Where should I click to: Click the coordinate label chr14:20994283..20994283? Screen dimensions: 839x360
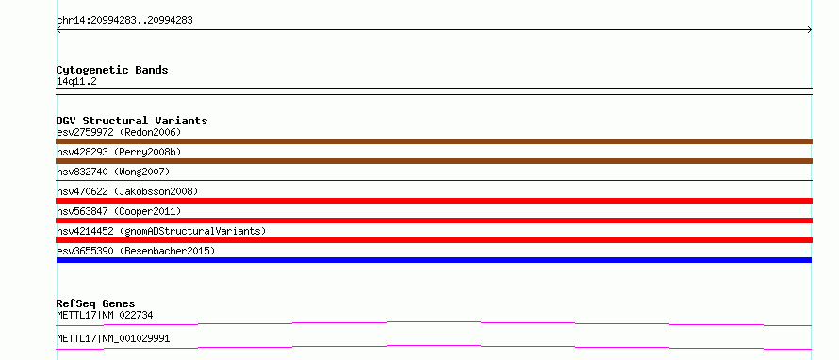pos(124,21)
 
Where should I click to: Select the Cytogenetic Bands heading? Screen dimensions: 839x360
pos(112,70)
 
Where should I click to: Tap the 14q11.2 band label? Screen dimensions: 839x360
pos(76,82)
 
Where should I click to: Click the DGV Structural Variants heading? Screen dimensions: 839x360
pos(132,121)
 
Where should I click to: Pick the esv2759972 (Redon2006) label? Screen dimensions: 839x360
pos(120,132)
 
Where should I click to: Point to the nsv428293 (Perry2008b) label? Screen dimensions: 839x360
pos(120,152)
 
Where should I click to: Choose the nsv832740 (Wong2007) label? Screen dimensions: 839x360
pos(113,172)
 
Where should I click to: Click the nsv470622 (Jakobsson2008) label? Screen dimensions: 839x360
pos(127,191)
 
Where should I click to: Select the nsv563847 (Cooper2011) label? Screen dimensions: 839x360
pos(120,211)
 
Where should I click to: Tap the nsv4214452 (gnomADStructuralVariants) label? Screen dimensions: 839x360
pos(161,231)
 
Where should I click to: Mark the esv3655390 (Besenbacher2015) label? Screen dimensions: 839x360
pos(136,251)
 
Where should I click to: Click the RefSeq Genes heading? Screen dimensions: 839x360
pos(96,303)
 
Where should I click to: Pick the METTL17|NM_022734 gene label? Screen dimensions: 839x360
pos(105,316)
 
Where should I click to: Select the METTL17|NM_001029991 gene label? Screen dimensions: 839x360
pos(113,339)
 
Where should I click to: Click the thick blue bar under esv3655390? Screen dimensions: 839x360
pos(434,260)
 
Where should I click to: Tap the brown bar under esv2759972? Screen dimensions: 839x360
pos(434,141)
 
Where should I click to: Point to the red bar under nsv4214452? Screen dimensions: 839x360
pos(434,240)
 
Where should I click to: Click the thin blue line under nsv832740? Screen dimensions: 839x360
pos(434,180)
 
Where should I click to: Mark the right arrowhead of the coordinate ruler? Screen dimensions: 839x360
pos(811,30)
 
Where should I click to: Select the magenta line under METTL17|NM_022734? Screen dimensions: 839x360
pos(434,323)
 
